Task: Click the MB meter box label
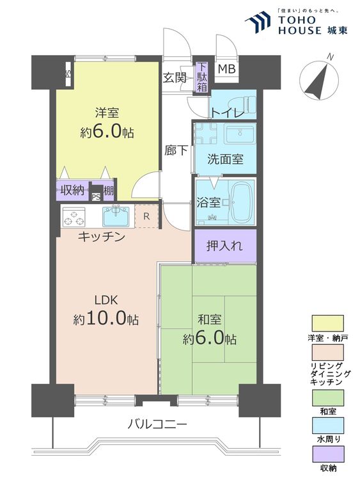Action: (x=226, y=69)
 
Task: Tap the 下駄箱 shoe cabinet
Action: (x=201, y=77)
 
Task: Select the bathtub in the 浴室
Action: (x=242, y=202)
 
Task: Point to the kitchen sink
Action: (x=116, y=216)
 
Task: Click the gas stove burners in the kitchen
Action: (x=74, y=217)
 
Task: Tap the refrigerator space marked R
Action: (x=146, y=216)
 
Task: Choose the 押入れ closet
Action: (x=225, y=246)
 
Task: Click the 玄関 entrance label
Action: (x=174, y=77)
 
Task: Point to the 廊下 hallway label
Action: (x=176, y=150)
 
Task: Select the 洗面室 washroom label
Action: (x=225, y=159)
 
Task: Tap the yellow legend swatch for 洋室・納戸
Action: (x=327, y=323)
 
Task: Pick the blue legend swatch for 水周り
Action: (x=327, y=425)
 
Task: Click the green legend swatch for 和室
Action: (x=327, y=397)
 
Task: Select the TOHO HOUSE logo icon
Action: (x=258, y=22)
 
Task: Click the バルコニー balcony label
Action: (x=157, y=424)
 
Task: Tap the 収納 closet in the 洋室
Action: (x=72, y=191)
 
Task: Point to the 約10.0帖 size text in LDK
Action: (x=106, y=318)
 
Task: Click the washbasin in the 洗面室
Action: (x=240, y=134)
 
